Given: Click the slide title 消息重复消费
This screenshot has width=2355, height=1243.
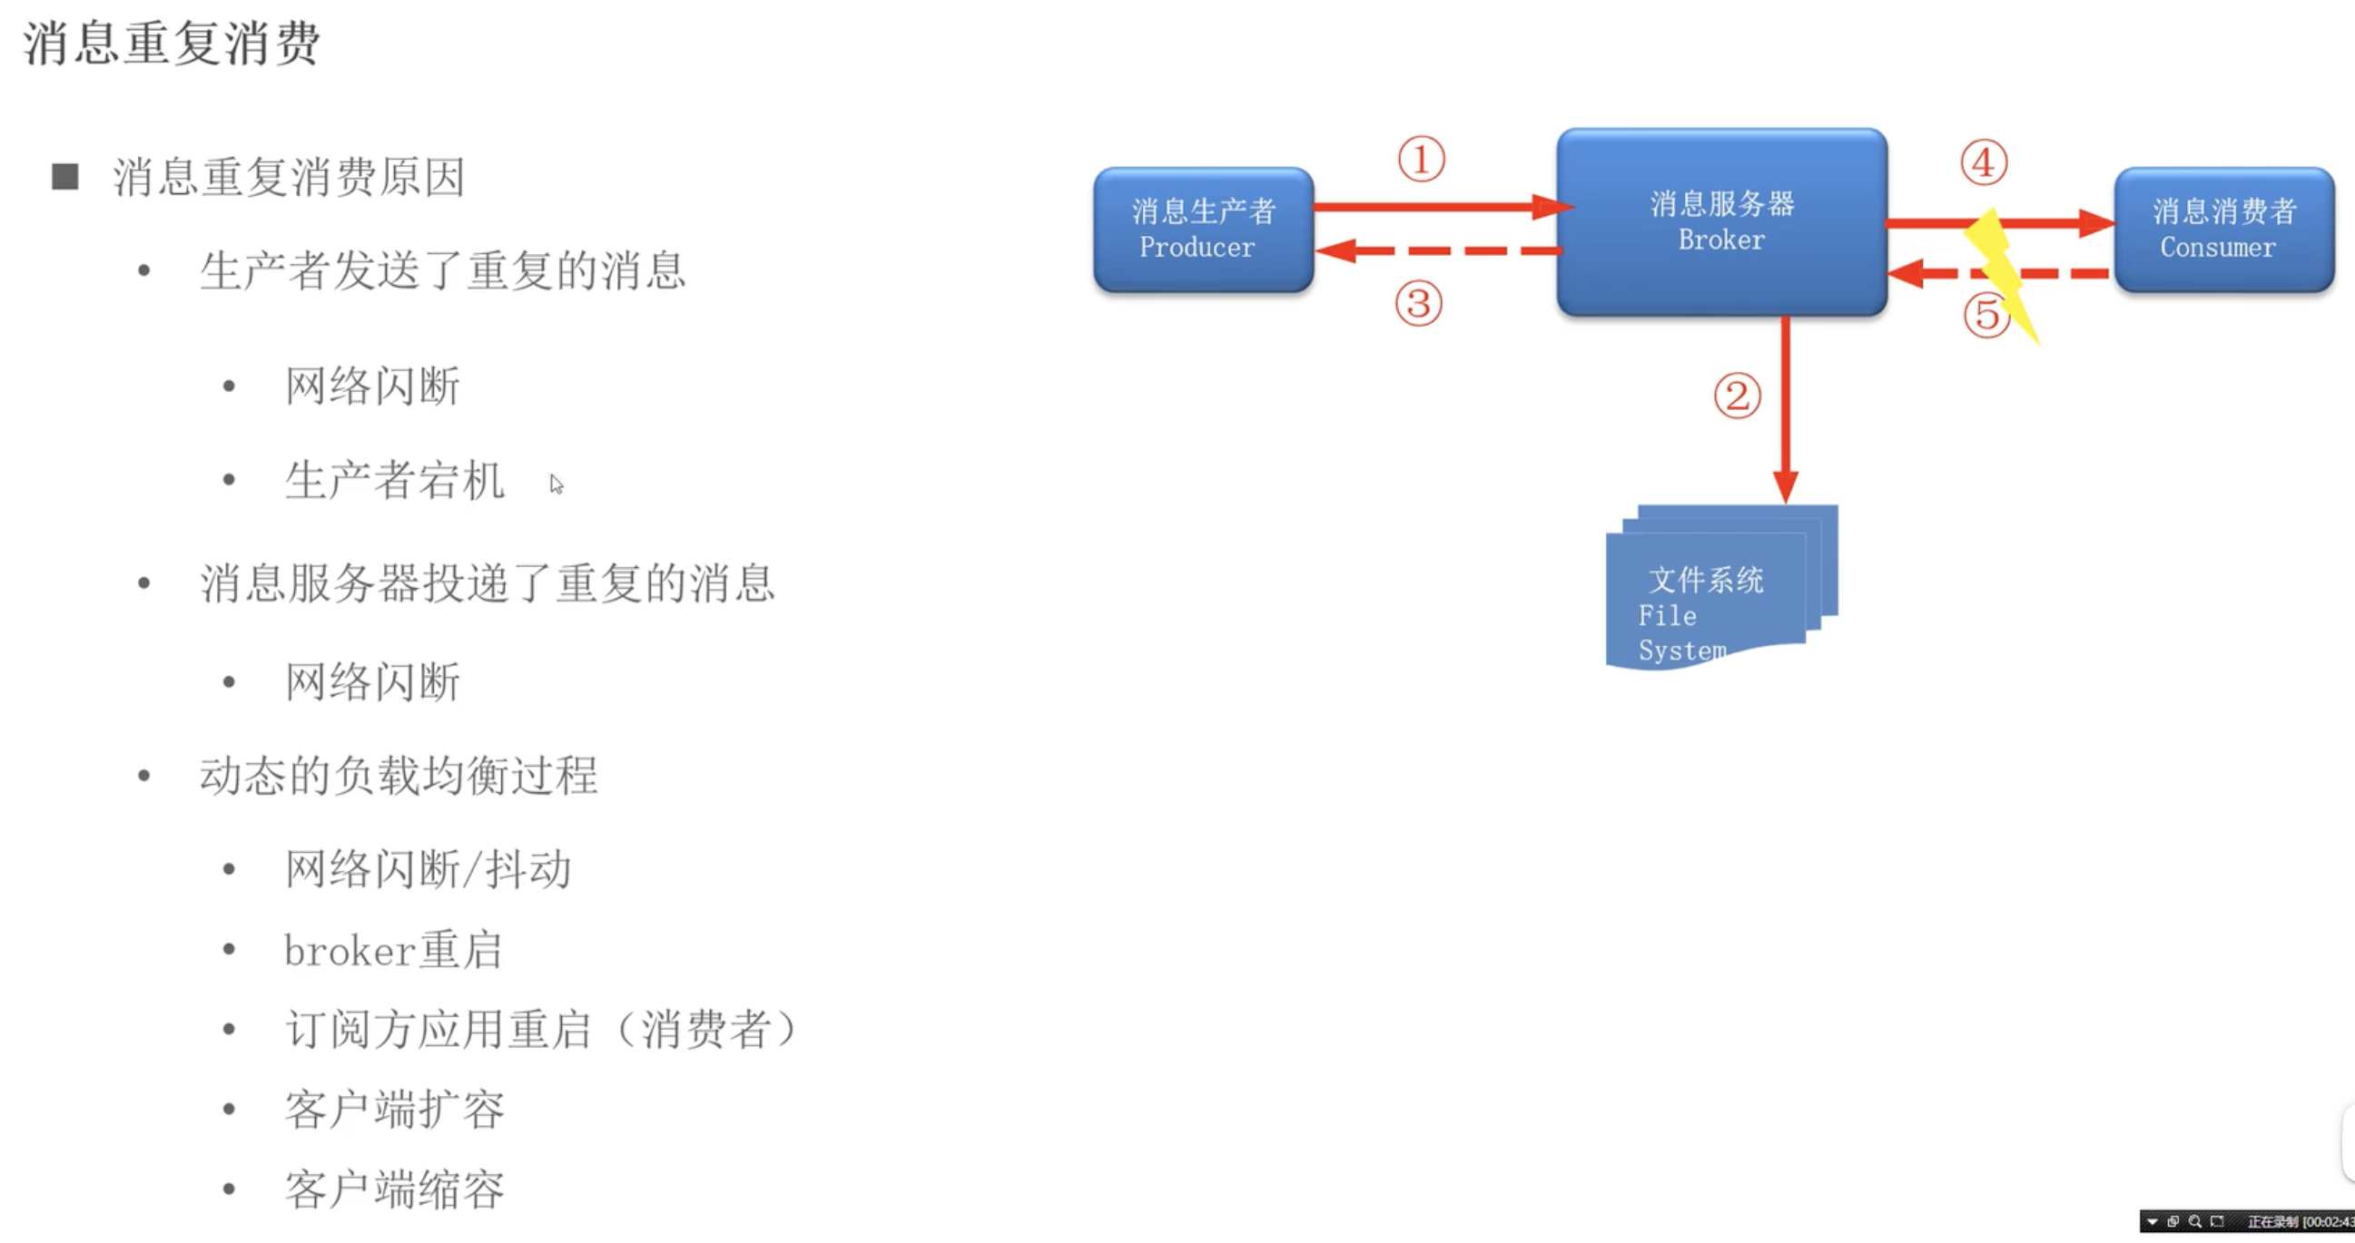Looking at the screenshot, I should coord(172,43).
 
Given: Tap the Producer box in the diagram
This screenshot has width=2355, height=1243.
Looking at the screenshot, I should coord(1202,230).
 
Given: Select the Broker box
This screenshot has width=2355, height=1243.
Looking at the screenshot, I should coord(1721,222).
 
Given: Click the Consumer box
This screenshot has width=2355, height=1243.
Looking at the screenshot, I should coord(2223,230).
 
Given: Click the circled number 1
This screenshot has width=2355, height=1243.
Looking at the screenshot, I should coord(1421,160).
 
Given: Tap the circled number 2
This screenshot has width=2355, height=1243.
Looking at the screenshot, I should coord(1736,396).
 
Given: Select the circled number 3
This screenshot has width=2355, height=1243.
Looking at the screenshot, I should coord(1418,303).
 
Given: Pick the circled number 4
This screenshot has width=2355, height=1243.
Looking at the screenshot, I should coord(1983,163).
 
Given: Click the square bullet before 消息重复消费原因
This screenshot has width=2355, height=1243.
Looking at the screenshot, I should coord(64,176).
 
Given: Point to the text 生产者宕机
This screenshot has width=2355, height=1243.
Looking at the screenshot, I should coord(394,481).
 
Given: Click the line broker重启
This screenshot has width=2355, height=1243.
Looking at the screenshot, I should coord(393,951).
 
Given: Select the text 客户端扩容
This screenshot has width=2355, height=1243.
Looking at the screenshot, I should coord(394,1110).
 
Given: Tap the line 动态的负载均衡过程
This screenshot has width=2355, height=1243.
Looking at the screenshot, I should coord(399,776).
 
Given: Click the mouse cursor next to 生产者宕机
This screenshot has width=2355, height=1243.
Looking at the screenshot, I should coord(556,484).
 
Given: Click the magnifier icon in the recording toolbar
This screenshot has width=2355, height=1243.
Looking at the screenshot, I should coord(2194,1222).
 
